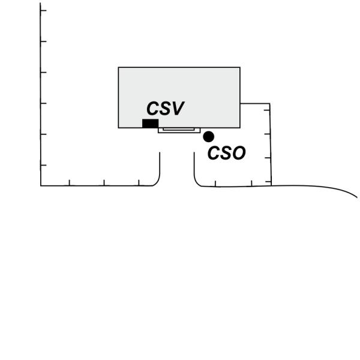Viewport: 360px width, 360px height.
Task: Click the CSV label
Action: pos(165,109)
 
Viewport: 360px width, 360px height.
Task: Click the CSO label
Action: pos(226,154)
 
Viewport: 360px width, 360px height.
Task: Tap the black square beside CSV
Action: pos(150,124)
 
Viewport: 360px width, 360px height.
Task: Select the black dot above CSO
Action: pos(208,137)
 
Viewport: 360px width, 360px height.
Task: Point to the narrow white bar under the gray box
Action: pos(179,130)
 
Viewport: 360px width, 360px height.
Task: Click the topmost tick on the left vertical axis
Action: pos(43,11)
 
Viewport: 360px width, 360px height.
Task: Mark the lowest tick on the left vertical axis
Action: pos(43,165)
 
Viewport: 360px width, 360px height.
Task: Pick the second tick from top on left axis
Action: pos(43,41)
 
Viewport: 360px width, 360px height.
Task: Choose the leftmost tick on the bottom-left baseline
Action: pos(69,183)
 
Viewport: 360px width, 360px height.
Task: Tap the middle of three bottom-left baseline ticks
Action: pos(104,183)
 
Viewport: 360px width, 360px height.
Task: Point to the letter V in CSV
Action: pos(177,109)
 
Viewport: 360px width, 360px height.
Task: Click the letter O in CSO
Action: pos(238,154)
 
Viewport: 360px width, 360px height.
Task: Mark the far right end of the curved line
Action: pos(357,196)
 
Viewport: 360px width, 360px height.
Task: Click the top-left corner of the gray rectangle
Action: pos(119,68)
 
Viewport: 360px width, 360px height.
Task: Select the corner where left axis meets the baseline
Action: pos(41,185)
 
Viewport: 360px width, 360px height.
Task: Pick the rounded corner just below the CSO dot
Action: pos(197,182)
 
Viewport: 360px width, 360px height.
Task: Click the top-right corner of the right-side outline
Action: pos(269,104)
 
